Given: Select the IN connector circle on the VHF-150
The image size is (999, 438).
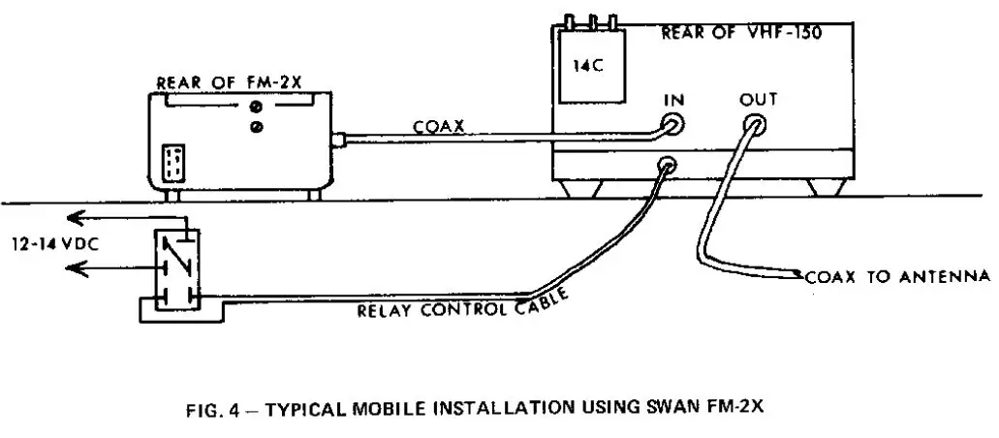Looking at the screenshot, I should coord(669,123).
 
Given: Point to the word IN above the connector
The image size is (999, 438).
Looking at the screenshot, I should coord(674,100).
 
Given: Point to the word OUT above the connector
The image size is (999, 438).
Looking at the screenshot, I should coord(757,100).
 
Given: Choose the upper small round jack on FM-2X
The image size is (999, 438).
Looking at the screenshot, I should coord(257,107).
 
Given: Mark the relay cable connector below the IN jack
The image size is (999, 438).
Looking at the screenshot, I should coord(666,165).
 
